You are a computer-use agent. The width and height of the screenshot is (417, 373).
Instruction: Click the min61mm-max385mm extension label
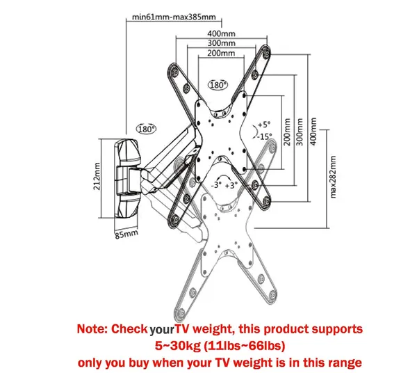pos(174,17)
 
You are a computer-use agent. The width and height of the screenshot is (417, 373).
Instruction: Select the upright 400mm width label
pos(221,33)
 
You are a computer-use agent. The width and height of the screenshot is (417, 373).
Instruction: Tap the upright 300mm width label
pos(221,43)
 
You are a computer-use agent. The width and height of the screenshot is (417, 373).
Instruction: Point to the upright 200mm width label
pos(221,53)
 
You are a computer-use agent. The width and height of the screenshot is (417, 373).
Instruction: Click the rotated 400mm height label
pos(313,132)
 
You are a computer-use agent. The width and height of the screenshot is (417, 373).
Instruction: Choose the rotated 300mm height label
pos(300,132)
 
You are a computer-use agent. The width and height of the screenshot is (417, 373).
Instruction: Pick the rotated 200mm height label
pos(286,132)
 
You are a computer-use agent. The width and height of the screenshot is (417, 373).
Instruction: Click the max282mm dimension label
pos(333,177)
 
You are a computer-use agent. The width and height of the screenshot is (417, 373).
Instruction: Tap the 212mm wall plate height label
pos(97,176)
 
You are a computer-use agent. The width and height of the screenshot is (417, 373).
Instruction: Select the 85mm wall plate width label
pos(126,235)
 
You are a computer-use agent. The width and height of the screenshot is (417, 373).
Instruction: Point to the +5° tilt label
pos(264,125)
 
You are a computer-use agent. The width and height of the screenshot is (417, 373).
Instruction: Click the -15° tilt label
pos(264,136)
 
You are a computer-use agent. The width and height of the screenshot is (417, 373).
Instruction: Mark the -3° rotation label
pos(216,184)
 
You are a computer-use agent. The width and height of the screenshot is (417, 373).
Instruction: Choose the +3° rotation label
pos(231,185)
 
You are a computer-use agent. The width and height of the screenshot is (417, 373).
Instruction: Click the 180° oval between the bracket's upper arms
pos(218,85)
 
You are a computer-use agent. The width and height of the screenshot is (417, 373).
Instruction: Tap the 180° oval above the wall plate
pos(146,129)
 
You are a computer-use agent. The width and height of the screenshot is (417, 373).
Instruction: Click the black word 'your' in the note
pos(161,330)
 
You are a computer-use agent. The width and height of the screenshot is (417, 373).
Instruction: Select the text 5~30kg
pos(178,346)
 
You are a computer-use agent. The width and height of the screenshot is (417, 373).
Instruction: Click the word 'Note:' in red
pos(92,329)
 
